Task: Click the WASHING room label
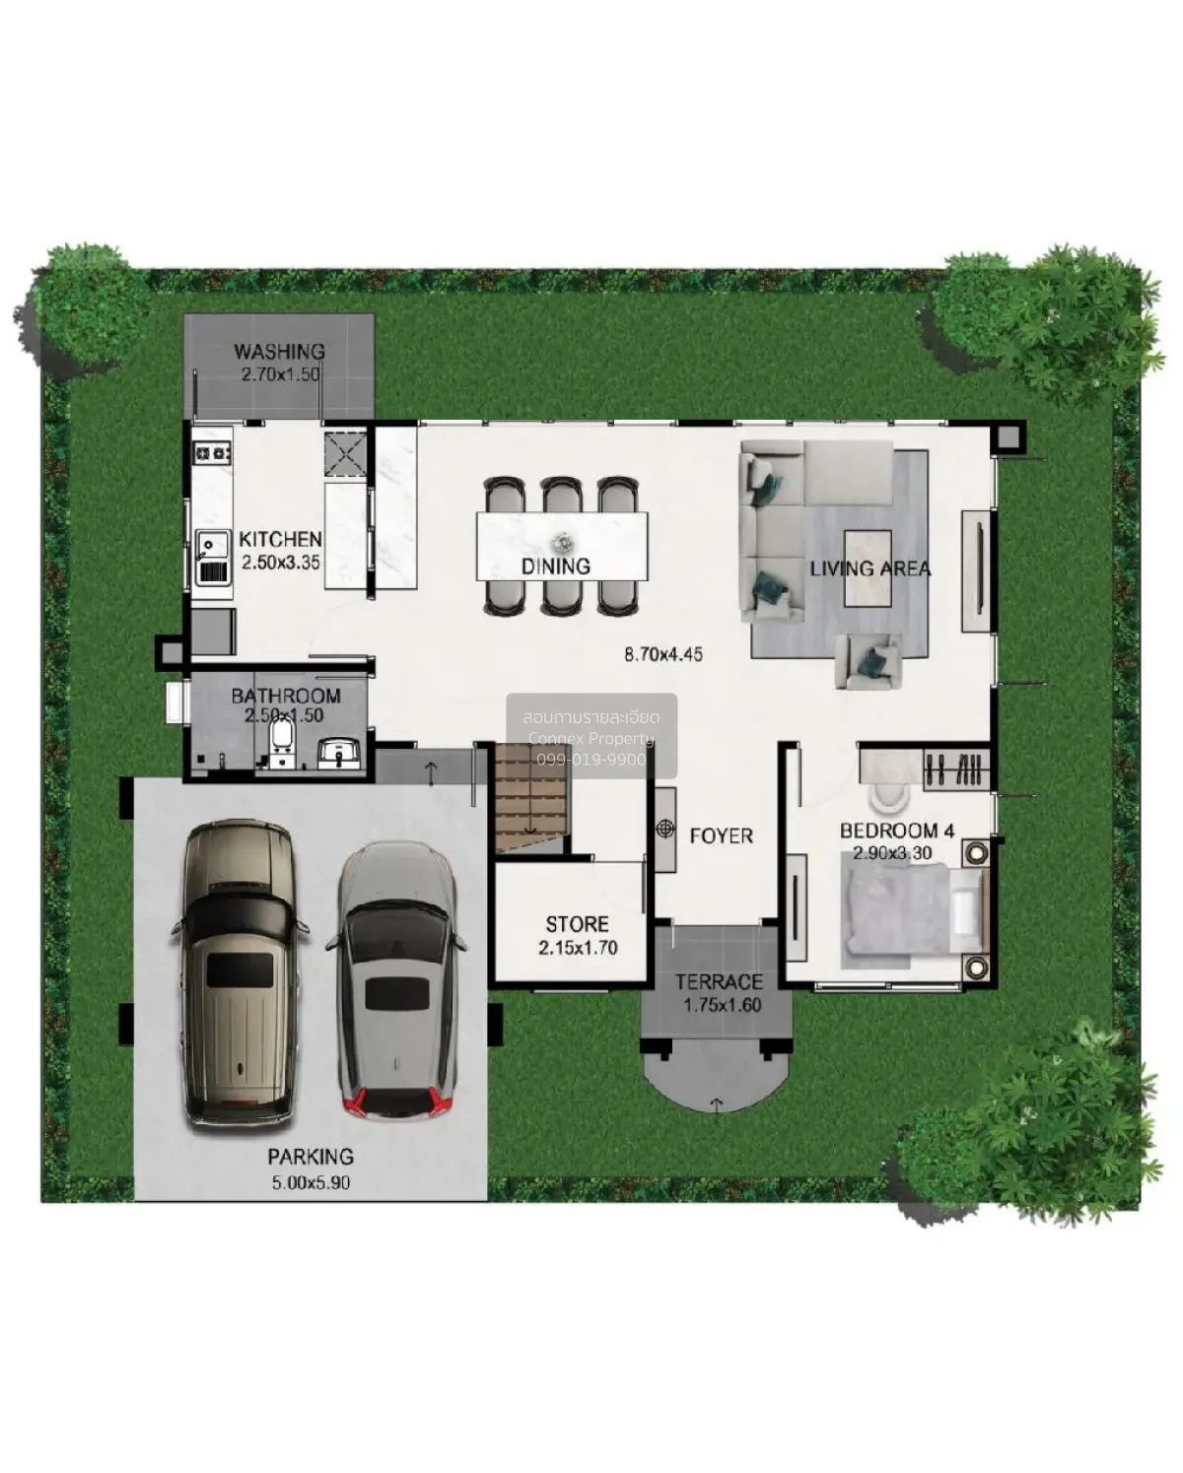pos(279,352)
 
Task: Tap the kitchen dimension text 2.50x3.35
pos(281,562)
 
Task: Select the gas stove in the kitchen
pos(212,452)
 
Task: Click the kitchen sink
pos(213,557)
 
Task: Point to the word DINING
pos(556,567)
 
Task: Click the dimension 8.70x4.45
pos(663,653)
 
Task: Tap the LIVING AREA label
pos(870,569)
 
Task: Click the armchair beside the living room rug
pos(868,660)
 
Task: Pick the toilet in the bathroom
pos(281,745)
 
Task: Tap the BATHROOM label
pos(286,696)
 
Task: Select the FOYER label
pos(721,836)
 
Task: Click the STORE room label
pos(577,924)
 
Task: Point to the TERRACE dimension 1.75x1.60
pos(722,1005)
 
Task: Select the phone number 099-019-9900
pos(591,760)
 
